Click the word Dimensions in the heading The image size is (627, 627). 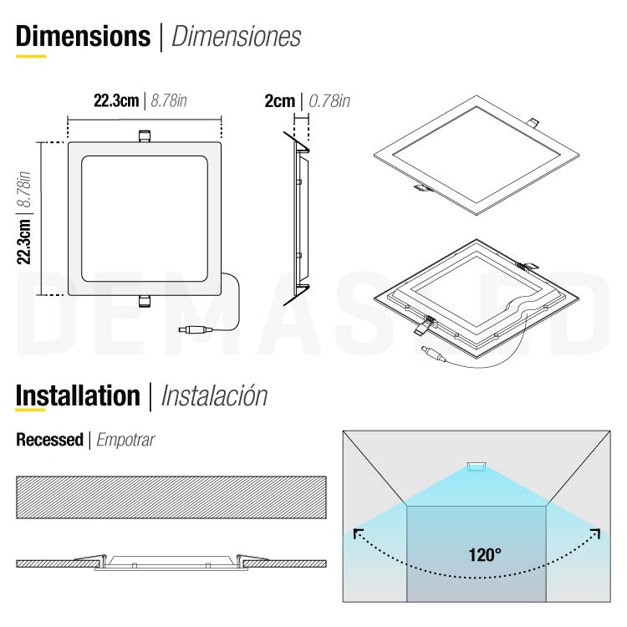click(82, 36)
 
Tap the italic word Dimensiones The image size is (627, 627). click(236, 37)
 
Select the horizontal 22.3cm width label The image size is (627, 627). click(115, 101)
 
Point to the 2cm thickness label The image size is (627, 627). click(279, 101)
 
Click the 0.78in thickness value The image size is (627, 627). click(329, 101)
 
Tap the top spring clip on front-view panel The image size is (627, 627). click(144, 135)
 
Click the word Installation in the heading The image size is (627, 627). click(78, 395)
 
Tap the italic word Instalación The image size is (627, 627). click(214, 395)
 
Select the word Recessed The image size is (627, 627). click(49, 440)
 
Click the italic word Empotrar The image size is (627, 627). click(126, 440)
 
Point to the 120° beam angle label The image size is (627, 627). click(485, 553)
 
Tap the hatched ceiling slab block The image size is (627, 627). click(171, 497)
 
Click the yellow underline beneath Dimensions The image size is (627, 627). click(31, 56)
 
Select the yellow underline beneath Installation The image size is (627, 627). click(31, 411)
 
